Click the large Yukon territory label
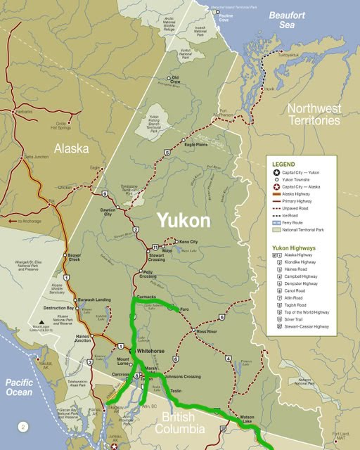[183, 220]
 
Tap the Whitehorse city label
[149, 350]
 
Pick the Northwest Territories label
[314, 115]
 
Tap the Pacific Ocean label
[21, 387]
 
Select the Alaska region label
[72, 149]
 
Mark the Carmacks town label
[146, 297]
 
